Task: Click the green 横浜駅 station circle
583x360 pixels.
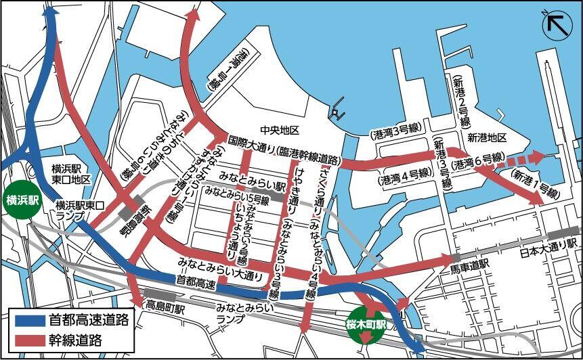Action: pyautogui.click(x=22, y=200)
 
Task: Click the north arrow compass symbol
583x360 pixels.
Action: pyautogui.click(x=557, y=24)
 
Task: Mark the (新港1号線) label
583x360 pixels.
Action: pyautogui.click(x=535, y=183)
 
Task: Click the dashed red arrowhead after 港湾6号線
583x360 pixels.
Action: pyautogui.click(x=536, y=158)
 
